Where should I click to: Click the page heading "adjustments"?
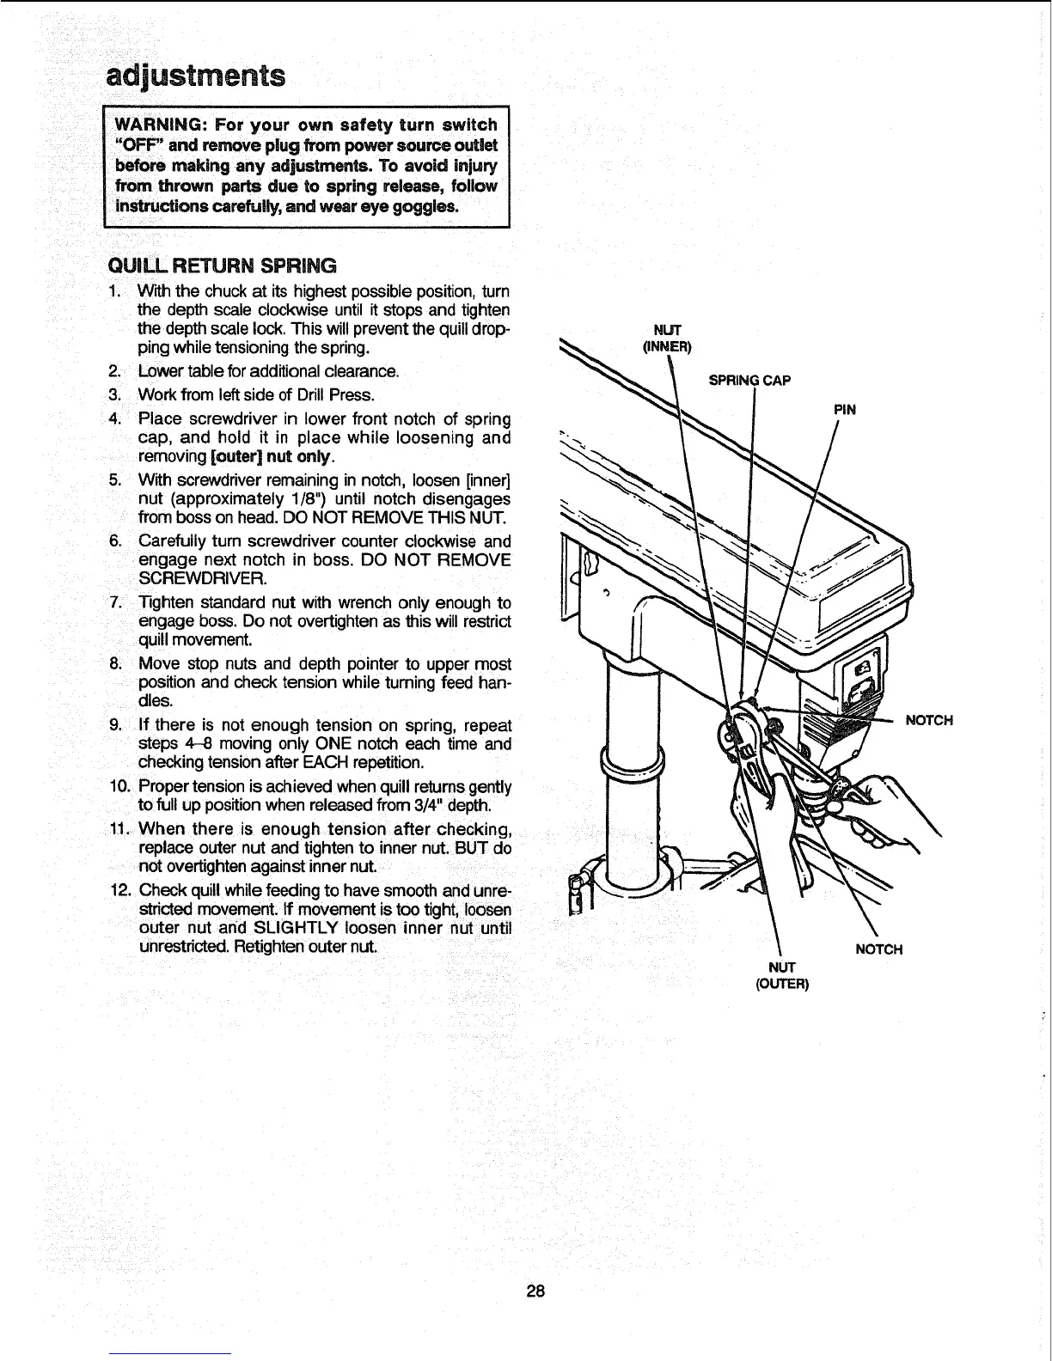(195, 76)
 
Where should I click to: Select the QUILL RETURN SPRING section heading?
(221, 264)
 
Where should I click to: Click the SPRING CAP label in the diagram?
(749, 380)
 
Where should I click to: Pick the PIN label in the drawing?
(846, 409)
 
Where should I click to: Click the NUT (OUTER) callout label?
(781, 976)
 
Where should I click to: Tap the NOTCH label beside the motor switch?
(929, 720)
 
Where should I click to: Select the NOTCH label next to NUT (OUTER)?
(878, 949)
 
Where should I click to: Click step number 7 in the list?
(117, 602)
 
